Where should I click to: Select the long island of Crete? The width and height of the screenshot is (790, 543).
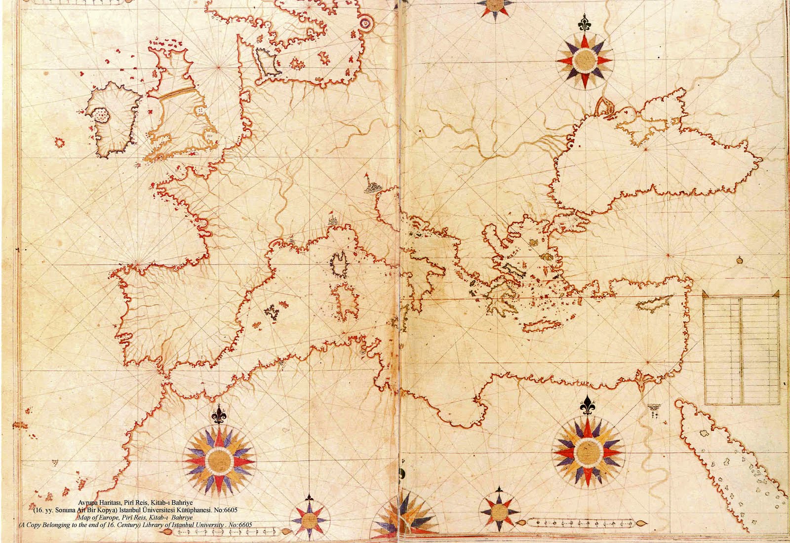(542, 326)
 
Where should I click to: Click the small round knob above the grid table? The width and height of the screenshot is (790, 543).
(739, 260)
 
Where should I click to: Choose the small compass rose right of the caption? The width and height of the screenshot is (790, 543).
(308, 519)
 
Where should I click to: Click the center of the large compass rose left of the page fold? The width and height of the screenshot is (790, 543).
(219, 460)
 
